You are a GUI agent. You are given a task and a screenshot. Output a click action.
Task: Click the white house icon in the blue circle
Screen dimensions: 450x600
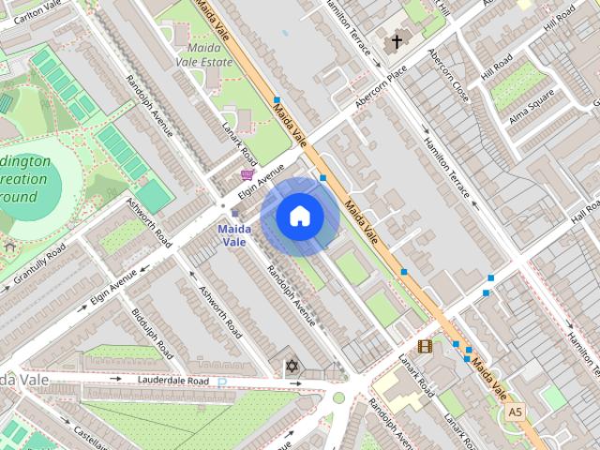coord(298,217)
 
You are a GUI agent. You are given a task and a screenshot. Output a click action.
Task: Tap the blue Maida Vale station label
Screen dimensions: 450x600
coord(234,235)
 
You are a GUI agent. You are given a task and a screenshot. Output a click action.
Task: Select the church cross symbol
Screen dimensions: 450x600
coord(397,41)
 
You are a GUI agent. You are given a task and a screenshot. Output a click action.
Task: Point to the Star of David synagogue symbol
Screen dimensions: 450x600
coord(291,365)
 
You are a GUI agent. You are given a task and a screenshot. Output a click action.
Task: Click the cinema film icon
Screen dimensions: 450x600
coord(425,346)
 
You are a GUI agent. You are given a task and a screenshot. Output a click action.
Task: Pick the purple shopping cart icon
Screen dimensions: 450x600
coord(247,174)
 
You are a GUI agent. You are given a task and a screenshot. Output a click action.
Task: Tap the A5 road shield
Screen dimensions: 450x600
coord(514,412)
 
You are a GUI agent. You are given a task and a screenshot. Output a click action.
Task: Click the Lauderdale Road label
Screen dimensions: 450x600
coord(172,382)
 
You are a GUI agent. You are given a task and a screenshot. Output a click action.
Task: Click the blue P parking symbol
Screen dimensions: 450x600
coord(222,382)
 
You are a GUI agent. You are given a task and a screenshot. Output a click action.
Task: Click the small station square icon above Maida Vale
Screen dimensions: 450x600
coord(234,213)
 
